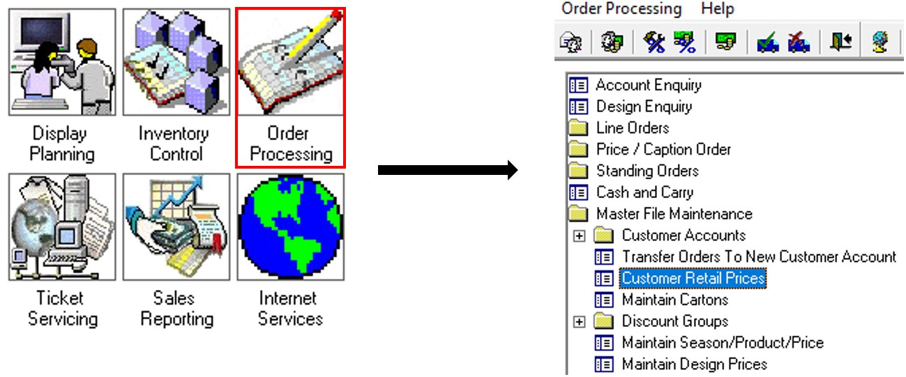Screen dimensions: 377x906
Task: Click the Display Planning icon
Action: (x=62, y=63)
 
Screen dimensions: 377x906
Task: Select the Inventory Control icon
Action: (x=176, y=63)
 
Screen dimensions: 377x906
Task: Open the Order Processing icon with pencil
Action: (x=290, y=63)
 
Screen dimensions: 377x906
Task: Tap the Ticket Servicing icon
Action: (x=62, y=227)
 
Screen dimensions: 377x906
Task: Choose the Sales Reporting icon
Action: (x=176, y=227)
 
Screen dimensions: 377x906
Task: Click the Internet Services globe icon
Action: (x=290, y=227)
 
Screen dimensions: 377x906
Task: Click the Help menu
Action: (x=717, y=9)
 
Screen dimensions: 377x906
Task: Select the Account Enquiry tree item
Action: (x=648, y=85)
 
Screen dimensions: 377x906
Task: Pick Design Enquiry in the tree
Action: (x=644, y=107)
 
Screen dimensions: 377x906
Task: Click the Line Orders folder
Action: (x=632, y=128)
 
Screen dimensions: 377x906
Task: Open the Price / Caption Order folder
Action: (x=663, y=150)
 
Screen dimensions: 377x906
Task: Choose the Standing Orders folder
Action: (x=647, y=171)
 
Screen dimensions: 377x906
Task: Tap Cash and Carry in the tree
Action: (x=644, y=192)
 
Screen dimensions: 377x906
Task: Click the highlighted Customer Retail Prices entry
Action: (x=693, y=279)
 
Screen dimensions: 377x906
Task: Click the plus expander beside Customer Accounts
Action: (x=579, y=236)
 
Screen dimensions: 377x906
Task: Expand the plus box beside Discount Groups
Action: (x=579, y=322)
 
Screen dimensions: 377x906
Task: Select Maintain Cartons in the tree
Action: (x=674, y=300)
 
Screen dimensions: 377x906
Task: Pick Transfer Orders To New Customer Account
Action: (x=758, y=257)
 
